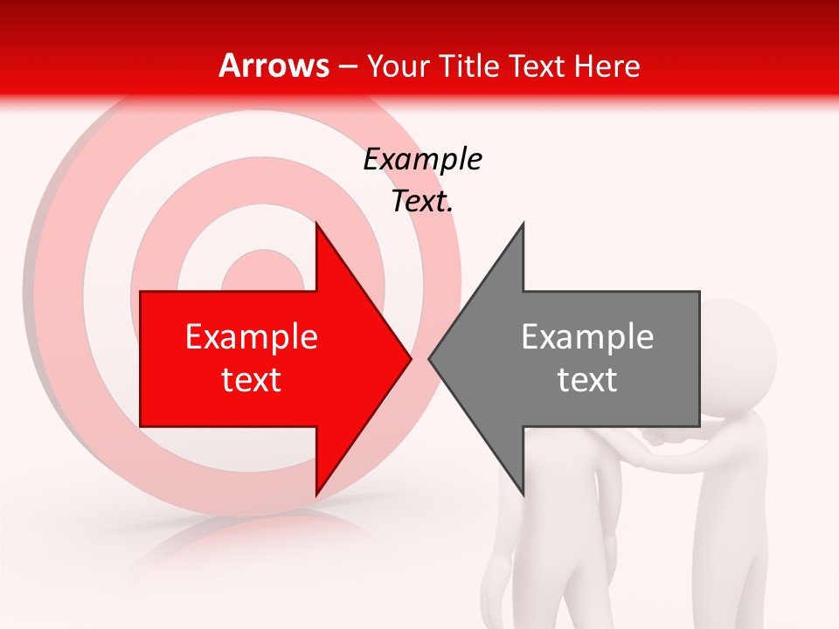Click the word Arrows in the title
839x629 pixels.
click(x=274, y=66)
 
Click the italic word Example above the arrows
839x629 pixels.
click(x=422, y=160)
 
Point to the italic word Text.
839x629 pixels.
click(x=422, y=201)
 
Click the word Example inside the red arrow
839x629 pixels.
click(x=252, y=337)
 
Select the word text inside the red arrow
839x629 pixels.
click(x=252, y=380)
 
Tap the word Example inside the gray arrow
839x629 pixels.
click(x=587, y=337)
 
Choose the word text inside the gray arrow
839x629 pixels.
click(x=587, y=380)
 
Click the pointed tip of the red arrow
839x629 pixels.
click(x=411, y=358)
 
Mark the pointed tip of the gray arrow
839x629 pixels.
click(x=429, y=358)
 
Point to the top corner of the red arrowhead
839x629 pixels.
click(x=316, y=224)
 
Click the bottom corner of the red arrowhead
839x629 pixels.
click(x=316, y=494)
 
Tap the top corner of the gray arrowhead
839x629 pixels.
click(x=523, y=224)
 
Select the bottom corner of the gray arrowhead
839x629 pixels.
click(x=523, y=494)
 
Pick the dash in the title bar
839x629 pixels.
click(x=347, y=66)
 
